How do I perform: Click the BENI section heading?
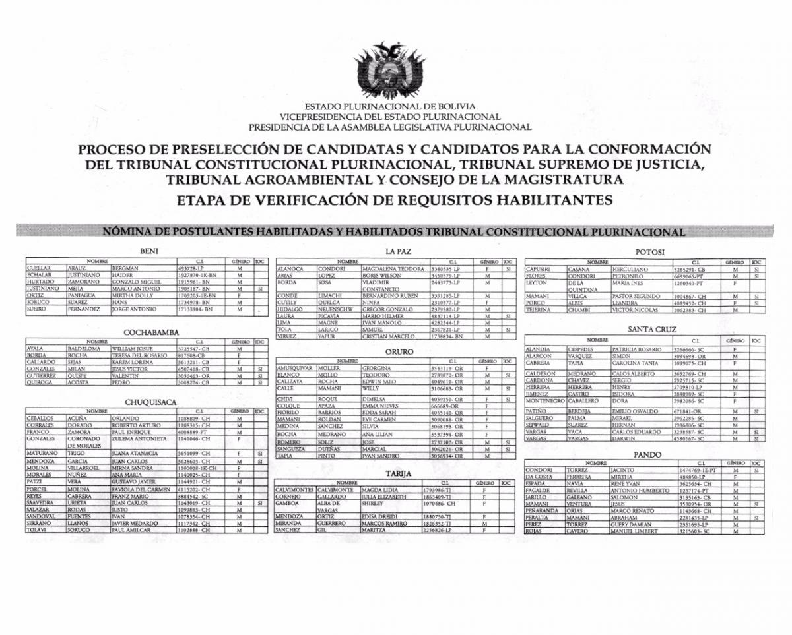click(148, 251)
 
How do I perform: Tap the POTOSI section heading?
click(649, 252)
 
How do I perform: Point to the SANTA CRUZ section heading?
click(652, 329)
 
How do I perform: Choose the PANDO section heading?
click(647, 454)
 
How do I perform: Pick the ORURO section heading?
click(399, 352)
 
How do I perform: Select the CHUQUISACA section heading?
click(150, 402)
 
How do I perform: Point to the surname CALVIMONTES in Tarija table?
click(294, 490)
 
